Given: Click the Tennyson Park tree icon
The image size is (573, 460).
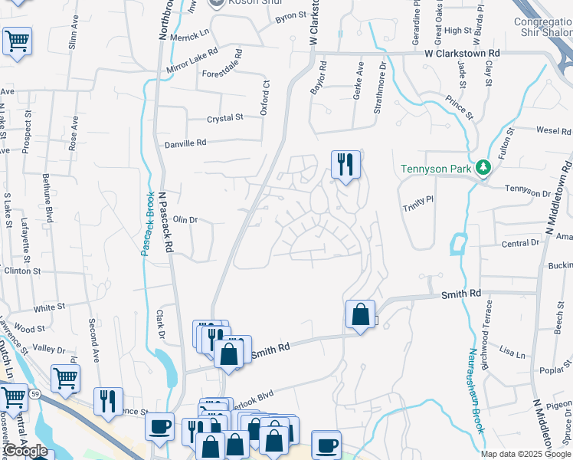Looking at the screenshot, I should pos(483,167).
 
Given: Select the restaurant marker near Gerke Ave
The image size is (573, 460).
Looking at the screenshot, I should pos(345,164).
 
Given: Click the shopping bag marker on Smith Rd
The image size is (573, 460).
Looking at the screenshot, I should pos(360,314).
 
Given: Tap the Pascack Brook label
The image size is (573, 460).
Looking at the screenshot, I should pos(144,225).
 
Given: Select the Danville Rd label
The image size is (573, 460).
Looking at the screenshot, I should pos(185,143).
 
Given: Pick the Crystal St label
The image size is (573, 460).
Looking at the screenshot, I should pos(224,118).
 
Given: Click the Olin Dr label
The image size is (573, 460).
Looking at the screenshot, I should pos(185,220).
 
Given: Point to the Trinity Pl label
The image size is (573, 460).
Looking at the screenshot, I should pos(419,203).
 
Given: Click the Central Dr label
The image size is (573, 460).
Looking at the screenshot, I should pos(520,243).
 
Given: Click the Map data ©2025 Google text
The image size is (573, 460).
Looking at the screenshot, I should pos(526,454).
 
